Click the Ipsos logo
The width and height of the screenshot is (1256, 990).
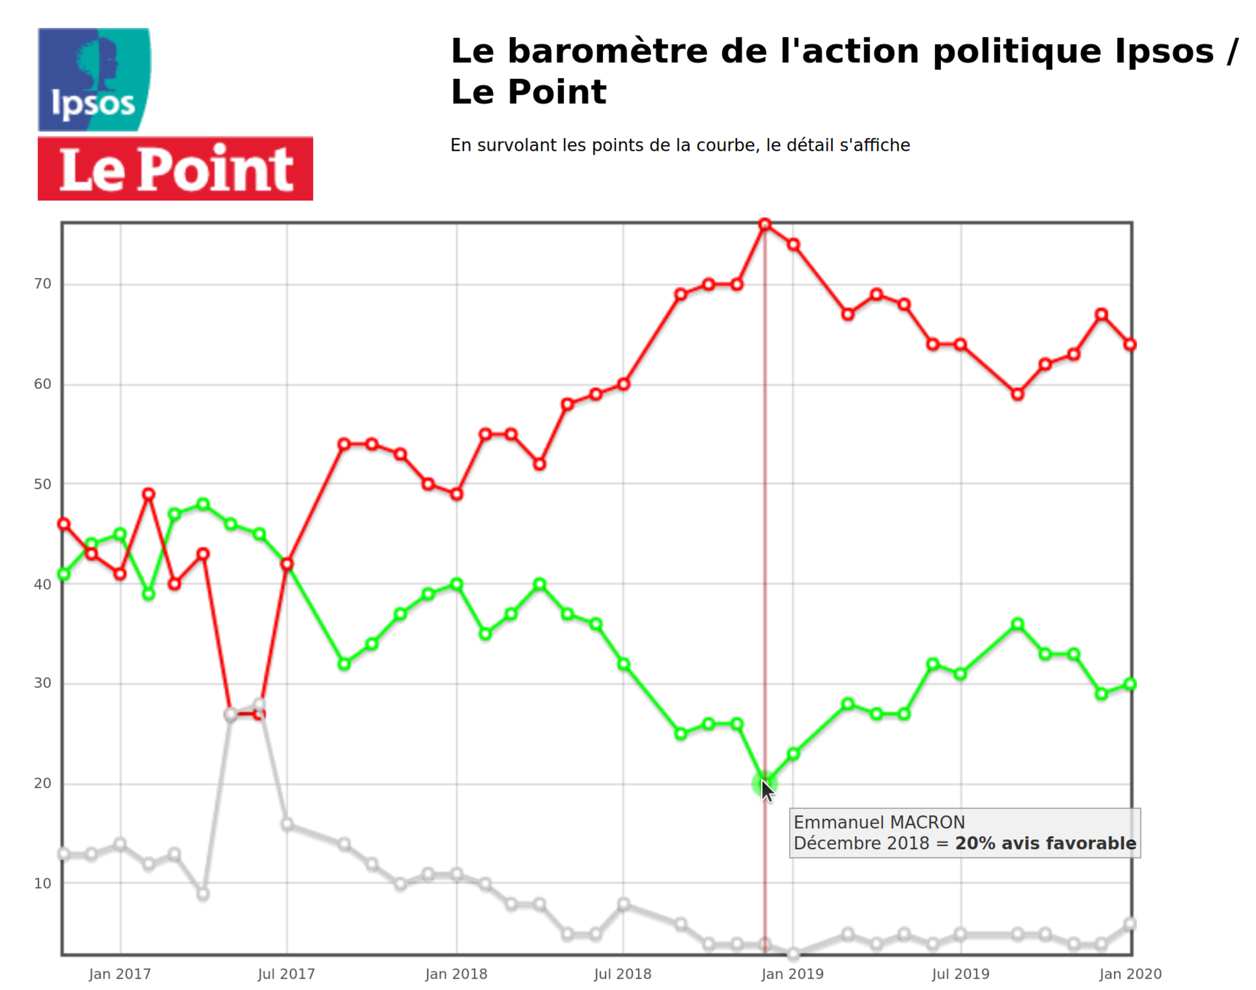[94, 79]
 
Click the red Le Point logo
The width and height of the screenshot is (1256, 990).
[175, 168]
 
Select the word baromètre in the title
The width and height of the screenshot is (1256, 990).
[607, 51]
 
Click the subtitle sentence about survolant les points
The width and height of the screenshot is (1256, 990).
[679, 145]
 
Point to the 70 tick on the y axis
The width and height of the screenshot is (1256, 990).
[42, 284]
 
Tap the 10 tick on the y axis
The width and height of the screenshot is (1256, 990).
[42, 883]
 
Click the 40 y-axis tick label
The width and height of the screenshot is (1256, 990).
[42, 584]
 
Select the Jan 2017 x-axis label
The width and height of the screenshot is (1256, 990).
[120, 974]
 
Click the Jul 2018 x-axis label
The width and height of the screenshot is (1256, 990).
[622, 974]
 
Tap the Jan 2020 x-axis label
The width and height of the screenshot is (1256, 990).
[1130, 974]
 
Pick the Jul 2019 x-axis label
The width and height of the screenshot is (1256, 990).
[960, 974]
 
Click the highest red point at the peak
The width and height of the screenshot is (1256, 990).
[764, 224]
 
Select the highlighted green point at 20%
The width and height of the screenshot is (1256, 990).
[764, 784]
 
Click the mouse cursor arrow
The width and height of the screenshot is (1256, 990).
[767, 792]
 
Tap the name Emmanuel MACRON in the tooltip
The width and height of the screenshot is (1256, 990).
[879, 823]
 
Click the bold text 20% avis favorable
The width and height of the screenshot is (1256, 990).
[1045, 843]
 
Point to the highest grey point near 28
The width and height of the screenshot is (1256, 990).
[259, 705]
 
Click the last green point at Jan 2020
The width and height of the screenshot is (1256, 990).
[1130, 684]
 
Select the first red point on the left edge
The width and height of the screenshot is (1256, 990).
[64, 524]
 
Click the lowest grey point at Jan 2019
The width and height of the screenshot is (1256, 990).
[793, 953]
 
